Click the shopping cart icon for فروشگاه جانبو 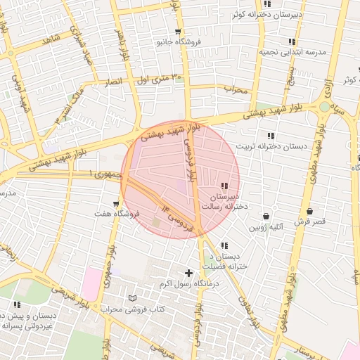pyautogui.click(x=179, y=32)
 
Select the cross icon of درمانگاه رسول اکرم pyautogui.click(x=188, y=273)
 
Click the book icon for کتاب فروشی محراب pyautogui.click(x=133, y=298)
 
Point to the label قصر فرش pyautogui.click(x=309, y=221)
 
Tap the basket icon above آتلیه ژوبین pyautogui.click(x=266, y=217)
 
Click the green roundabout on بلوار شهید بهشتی pyautogui.click(x=324, y=107)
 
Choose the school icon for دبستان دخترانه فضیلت pyautogui.click(x=224, y=246)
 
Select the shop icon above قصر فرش pyautogui.click(x=309, y=211)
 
